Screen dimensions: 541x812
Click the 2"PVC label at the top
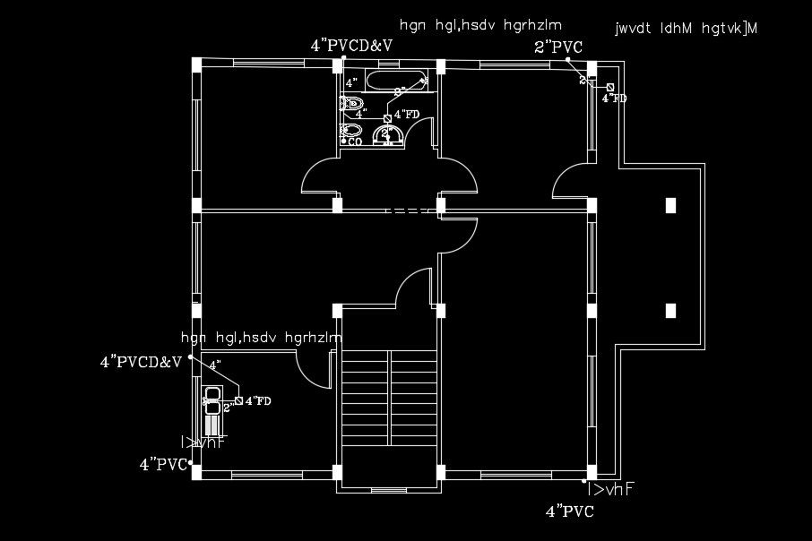[557, 47]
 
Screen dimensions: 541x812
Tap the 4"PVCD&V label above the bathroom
[351, 44]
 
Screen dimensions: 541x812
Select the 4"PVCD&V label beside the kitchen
[141, 362]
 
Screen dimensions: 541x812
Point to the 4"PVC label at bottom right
[569, 511]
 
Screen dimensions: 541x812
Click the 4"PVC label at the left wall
[162, 464]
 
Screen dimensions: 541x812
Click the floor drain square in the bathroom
[387, 117]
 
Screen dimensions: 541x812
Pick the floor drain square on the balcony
[610, 87]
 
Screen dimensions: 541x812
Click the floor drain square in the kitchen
[238, 399]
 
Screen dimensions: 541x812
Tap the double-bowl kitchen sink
[213, 399]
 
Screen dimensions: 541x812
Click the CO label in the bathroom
[355, 142]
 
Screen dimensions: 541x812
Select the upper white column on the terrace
[670, 204]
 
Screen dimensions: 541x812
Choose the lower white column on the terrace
[670, 311]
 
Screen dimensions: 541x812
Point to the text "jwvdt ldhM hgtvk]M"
[687, 28]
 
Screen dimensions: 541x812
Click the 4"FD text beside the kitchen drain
[259, 400]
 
